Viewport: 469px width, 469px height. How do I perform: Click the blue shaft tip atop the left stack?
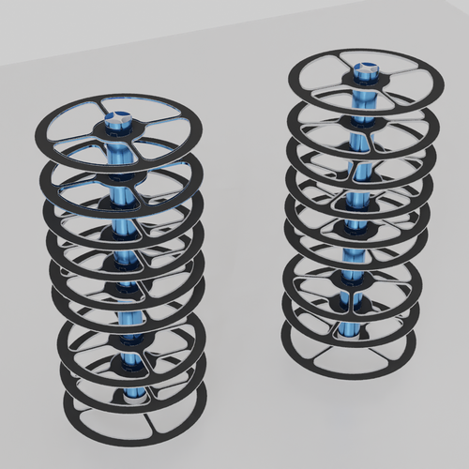118,119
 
